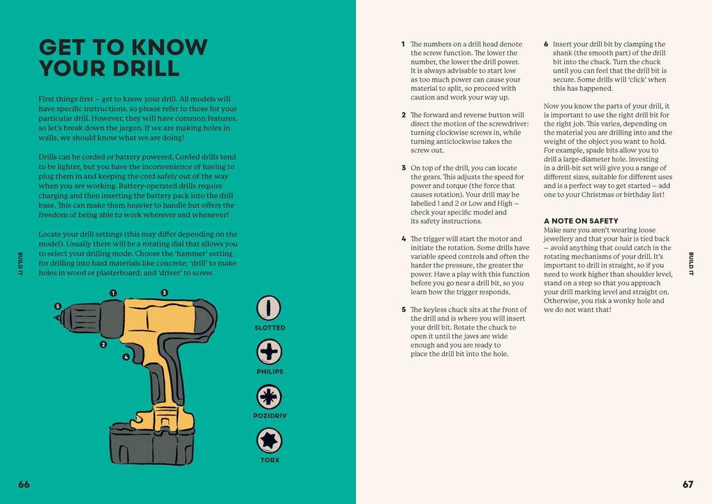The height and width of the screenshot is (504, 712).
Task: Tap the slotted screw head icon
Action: coord(269,307)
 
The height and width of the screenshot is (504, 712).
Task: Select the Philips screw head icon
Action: coord(269,352)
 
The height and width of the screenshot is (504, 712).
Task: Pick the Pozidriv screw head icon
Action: coord(269,396)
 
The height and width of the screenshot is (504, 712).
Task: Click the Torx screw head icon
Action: coord(269,440)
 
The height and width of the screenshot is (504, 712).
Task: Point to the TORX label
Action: coord(269,460)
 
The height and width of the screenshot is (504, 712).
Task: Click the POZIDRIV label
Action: coord(269,415)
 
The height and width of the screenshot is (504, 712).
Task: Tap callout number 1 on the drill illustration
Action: coord(113,293)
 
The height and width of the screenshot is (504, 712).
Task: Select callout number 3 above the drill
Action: coord(164,293)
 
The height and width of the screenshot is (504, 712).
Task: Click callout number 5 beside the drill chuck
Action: coord(58,306)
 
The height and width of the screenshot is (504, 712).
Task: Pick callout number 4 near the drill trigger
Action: coord(126,357)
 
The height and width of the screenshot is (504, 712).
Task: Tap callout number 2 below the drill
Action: coord(103,345)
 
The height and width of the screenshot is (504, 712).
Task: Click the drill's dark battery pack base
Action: coord(152,445)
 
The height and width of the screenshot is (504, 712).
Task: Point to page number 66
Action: coord(24,484)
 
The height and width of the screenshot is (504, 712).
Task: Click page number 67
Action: coord(688,484)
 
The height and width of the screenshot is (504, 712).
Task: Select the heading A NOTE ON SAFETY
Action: coord(581,221)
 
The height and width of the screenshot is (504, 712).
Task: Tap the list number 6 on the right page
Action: coord(546,44)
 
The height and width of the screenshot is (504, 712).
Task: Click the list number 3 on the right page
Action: coord(403,168)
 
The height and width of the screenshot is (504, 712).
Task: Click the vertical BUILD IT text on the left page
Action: coord(20,264)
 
